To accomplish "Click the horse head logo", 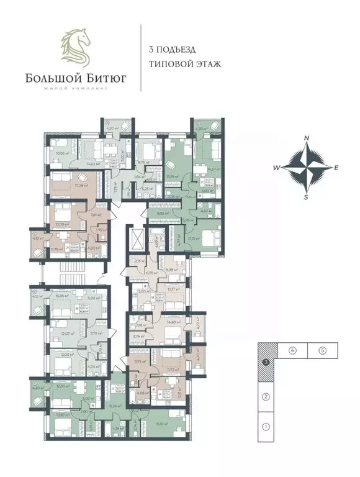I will coord(74,46).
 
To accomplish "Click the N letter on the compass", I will coord(306,139).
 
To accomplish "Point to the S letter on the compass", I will coord(306,197).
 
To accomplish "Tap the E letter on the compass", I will coord(336,168).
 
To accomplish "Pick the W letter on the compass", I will coord(277,168).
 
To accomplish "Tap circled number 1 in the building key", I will coord(265,427).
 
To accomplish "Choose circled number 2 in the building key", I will coord(265,396).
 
